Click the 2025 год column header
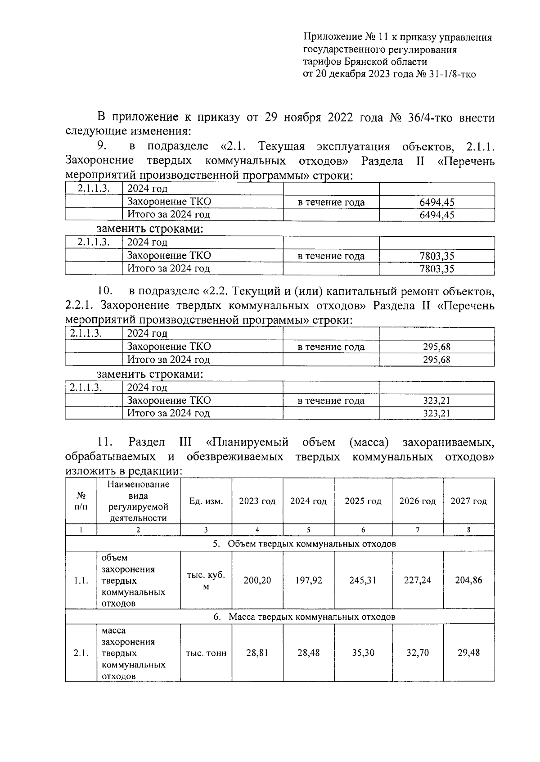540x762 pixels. tap(363, 501)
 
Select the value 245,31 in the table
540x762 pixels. tap(363, 580)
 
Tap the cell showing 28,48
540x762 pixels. tap(308, 653)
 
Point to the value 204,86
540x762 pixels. tap(468, 580)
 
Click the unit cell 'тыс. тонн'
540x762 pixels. tap(206, 653)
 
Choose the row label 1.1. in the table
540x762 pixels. tap(81, 581)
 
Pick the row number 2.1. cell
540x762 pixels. tap(81, 653)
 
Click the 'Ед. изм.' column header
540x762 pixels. tap(206, 501)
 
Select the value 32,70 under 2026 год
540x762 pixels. tap(418, 653)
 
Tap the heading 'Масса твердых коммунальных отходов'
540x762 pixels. tap(312, 617)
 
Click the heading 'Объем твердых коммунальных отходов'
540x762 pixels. tap(312, 544)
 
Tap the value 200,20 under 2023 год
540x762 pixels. tap(257, 580)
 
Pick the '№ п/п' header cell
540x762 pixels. tap(81, 501)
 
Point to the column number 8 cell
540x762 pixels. tap(468, 530)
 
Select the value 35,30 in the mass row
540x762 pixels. tap(363, 653)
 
